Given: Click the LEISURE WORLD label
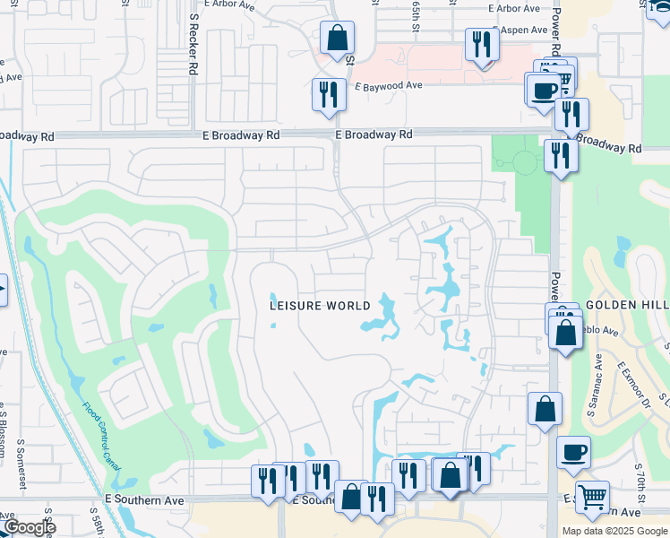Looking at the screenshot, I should point(320,306).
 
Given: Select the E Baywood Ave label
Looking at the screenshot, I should point(388,87).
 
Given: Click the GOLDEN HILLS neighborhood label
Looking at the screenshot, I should point(627,306).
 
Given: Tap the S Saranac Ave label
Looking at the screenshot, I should point(597,377).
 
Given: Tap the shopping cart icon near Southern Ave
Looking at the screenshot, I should point(592,496).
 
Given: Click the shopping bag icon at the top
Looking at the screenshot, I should point(338,39).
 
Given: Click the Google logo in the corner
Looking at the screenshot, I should point(29,527).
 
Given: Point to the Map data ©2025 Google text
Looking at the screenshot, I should point(614,531).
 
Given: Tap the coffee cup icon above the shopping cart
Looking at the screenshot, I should point(573,452).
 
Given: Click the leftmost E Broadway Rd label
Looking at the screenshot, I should point(27,136).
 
